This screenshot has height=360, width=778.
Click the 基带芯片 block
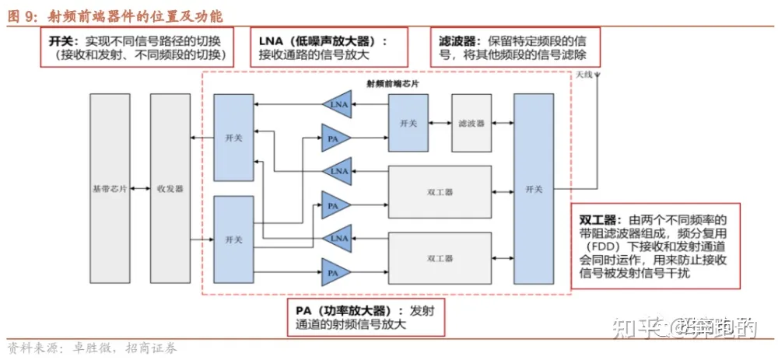(110, 188)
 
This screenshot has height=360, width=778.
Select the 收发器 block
(170, 188)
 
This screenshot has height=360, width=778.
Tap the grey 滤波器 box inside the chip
(471, 123)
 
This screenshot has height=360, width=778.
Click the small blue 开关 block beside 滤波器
(408, 123)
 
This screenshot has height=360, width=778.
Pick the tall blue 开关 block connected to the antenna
(534, 188)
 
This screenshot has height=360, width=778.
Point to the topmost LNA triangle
(337, 104)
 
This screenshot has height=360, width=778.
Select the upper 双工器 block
(440, 191)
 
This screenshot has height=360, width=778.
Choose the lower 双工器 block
(440, 257)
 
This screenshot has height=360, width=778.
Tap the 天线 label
(583, 75)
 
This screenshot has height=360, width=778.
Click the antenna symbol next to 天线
(598, 78)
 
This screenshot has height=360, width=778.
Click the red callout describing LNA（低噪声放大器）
(330, 47)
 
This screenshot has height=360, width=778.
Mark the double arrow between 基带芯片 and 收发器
(140, 188)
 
